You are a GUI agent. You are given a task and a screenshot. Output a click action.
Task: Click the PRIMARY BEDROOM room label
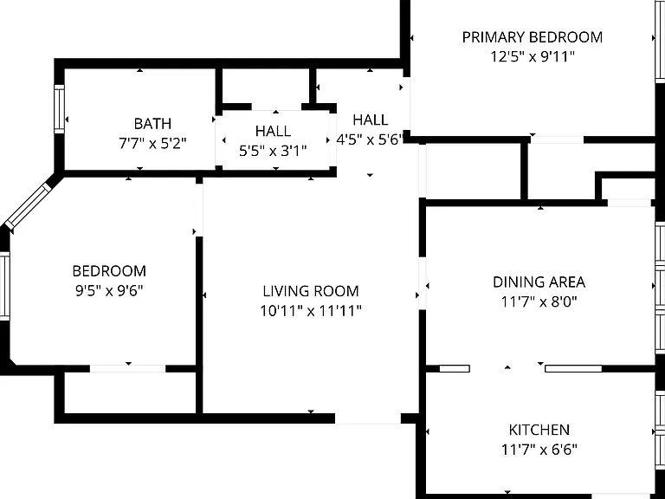tap(533, 37)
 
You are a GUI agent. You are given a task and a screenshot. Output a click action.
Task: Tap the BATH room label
tap(152, 124)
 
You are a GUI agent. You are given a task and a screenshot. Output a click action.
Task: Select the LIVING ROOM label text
tap(311, 291)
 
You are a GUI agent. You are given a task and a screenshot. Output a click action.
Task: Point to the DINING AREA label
tap(539, 282)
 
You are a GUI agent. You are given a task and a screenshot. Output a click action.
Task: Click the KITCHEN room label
tap(539, 430)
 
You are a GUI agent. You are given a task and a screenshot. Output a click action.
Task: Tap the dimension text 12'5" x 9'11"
tap(533, 56)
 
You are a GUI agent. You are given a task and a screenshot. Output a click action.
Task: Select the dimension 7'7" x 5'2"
tap(152, 144)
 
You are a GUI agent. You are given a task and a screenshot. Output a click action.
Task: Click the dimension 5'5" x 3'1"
tap(273, 151)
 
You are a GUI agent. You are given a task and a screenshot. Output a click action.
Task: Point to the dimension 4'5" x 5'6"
tap(370, 139)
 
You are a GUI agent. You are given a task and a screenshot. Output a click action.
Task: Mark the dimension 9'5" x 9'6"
tap(109, 291)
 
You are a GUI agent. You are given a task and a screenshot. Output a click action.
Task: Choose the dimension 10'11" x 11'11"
tap(311, 311)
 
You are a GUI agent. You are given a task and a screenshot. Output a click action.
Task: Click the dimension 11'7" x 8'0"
tap(539, 302)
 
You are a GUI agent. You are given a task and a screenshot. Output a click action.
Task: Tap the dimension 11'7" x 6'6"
tap(539, 449)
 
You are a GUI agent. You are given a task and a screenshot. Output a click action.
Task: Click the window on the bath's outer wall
tap(59, 109)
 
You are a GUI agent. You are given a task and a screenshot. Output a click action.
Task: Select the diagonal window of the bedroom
tap(28, 206)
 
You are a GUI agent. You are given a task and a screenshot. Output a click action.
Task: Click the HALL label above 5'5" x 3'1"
tap(273, 131)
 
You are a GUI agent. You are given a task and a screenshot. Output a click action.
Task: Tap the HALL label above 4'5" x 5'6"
tap(371, 120)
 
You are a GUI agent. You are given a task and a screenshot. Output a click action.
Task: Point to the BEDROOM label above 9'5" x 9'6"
tap(109, 271)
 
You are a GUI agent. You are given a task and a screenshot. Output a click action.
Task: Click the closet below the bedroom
tap(130, 392)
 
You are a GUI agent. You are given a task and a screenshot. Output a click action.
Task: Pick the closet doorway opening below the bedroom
tap(127, 369)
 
